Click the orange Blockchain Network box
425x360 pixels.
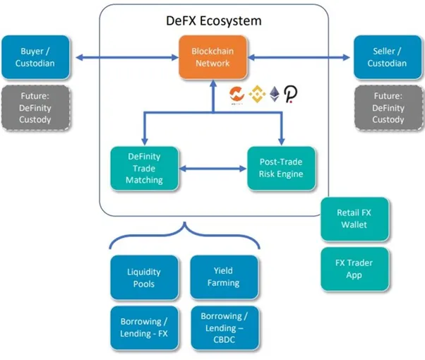[x=212, y=57]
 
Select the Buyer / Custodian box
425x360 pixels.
[x=35, y=57]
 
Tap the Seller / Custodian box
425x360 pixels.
[x=388, y=57]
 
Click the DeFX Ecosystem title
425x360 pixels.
[x=214, y=21]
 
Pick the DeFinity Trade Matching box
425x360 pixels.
[x=144, y=168]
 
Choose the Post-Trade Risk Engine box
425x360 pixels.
[x=281, y=168]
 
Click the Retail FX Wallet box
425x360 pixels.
[x=354, y=219]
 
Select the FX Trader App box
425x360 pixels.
[x=354, y=269]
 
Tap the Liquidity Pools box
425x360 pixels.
[x=144, y=277]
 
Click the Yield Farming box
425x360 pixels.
[x=224, y=277]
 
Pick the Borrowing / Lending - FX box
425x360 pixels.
[x=144, y=328]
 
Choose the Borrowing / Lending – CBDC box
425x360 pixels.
[x=225, y=328]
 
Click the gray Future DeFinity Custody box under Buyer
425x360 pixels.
[x=36, y=108]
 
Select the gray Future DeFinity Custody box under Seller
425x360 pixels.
[x=388, y=108]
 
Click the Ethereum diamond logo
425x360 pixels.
[x=275, y=94]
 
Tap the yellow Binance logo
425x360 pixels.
[x=257, y=94]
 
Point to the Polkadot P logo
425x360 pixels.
[x=291, y=94]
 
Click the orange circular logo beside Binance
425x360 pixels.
[x=237, y=95]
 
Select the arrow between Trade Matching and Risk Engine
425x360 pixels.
[x=212, y=169]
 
